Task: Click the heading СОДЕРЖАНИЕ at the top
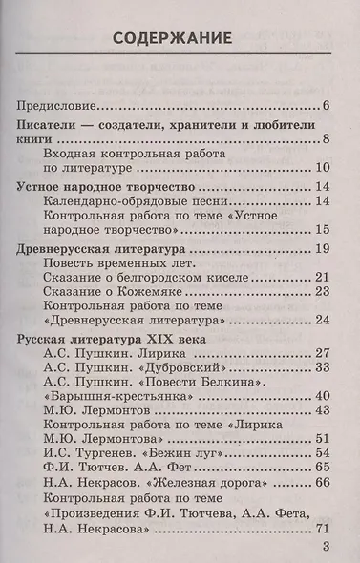click(x=180, y=39)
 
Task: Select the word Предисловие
click(x=58, y=105)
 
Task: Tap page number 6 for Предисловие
click(x=326, y=105)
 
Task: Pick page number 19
click(x=322, y=249)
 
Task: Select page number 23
click(x=322, y=291)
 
